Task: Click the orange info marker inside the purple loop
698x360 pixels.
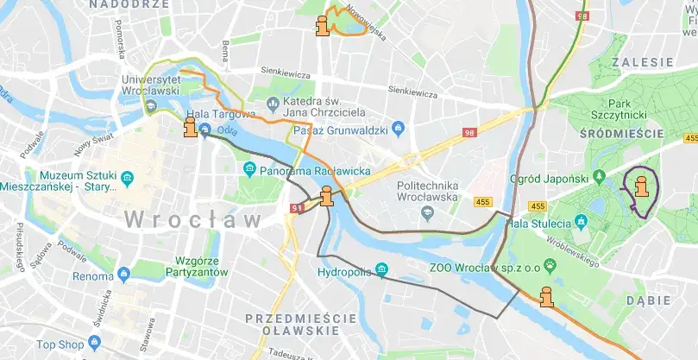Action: [x=641, y=186]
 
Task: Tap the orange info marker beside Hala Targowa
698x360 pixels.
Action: [x=190, y=129]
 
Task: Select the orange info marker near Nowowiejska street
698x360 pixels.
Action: [x=324, y=26]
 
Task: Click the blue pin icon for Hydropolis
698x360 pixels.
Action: [x=381, y=272]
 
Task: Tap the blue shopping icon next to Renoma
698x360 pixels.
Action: [x=123, y=276]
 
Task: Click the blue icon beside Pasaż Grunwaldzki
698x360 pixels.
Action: [x=398, y=129]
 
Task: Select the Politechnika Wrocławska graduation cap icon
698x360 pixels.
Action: [x=424, y=212]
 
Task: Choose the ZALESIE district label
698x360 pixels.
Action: [x=642, y=63]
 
